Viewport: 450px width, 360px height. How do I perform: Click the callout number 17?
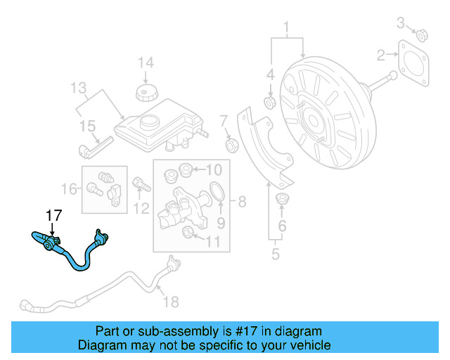coord(54,215)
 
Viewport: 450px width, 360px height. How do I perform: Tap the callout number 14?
coord(145,63)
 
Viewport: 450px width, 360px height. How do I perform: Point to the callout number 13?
coord(78,88)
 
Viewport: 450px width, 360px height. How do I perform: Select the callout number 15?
coord(87,126)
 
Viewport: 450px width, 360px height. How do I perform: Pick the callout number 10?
coord(214,169)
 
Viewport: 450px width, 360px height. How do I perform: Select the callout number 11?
coord(213,243)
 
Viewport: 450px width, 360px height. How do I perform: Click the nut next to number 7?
coord(230,145)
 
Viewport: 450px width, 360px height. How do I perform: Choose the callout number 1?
coord(286,28)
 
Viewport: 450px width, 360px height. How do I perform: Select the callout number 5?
coord(276,253)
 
